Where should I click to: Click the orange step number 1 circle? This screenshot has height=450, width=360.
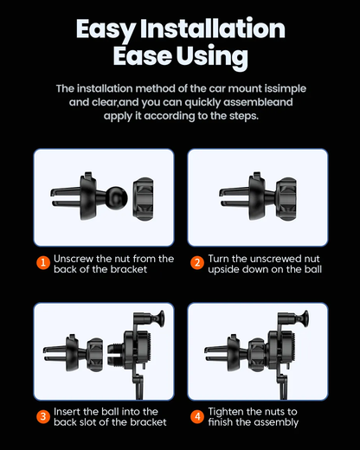click(x=43, y=262)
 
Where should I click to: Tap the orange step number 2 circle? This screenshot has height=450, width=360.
click(x=197, y=262)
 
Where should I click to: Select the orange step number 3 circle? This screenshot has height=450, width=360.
click(x=43, y=416)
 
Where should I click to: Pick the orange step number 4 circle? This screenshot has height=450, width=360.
click(x=197, y=416)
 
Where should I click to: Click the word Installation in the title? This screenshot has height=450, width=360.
click(x=213, y=29)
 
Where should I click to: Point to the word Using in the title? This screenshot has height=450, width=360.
click(x=212, y=56)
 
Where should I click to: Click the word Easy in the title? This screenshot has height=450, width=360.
click(x=106, y=30)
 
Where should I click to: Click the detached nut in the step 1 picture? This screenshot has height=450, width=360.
click(x=143, y=199)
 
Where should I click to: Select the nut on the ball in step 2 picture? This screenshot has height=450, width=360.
click(x=286, y=199)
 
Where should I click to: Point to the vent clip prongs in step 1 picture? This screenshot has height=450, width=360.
click(x=66, y=196)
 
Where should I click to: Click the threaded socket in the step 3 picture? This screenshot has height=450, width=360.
click(x=115, y=353)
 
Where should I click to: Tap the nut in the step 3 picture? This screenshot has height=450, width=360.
click(x=95, y=355)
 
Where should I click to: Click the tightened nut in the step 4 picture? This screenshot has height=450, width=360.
click(x=256, y=355)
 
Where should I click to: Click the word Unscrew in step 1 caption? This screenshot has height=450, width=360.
click(x=74, y=259)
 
